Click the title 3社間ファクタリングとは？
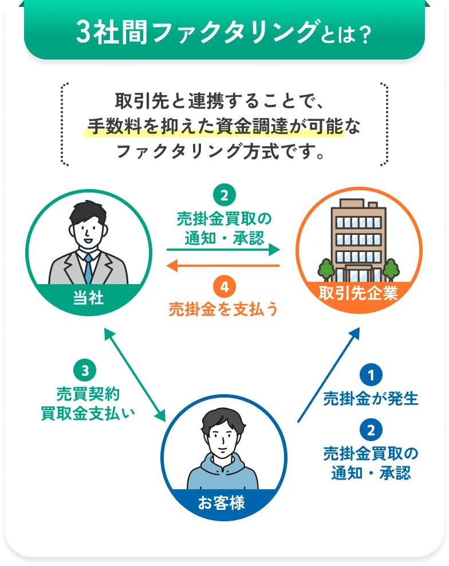coord(224,33)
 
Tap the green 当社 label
coord(89,297)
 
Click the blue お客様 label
coord(222,504)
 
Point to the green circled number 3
coord(85,371)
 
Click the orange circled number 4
coord(223,285)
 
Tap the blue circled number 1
coord(371,376)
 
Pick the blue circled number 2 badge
coord(371,430)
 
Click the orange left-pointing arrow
coord(223,266)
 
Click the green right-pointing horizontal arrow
coord(223,250)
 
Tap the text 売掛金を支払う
coord(223,309)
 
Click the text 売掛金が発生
coord(371,399)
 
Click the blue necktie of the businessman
coord(88,269)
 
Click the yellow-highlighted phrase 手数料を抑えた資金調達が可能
coord(214,125)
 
